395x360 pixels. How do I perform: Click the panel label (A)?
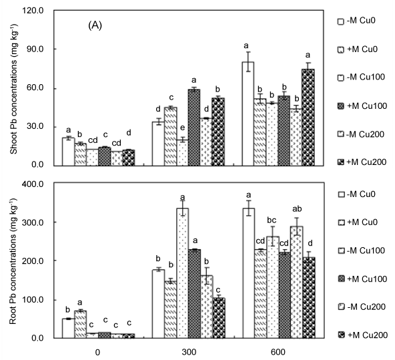click(95, 25)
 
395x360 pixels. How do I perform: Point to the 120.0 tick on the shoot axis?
click(33, 11)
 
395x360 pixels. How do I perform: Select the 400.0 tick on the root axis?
click(33, 184)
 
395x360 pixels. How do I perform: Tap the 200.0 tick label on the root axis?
click(33, 260)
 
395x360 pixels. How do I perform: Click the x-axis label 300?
click(189, 352)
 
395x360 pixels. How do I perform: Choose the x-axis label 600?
click(278, 352)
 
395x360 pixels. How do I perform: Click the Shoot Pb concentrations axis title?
click(13, 89)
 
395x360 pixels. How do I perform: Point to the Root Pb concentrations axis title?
click(13, 261)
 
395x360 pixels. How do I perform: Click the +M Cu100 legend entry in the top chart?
click(362, 106)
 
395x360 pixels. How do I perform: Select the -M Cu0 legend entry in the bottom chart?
click(356, 194)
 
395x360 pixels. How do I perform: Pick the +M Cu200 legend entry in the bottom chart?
click(362, 335)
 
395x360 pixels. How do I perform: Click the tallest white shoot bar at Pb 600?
click(248, 114)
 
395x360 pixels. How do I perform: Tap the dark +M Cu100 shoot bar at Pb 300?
click(194, 128)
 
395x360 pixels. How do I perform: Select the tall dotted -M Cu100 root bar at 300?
click(182, 273)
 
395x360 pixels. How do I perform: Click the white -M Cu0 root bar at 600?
click(248, 273)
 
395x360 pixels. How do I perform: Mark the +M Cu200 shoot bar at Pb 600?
click(308, 118)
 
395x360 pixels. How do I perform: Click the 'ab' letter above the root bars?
click(298, 209)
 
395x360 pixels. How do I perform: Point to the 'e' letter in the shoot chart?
click(183, 128)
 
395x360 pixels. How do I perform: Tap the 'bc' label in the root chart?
click(272, 220)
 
